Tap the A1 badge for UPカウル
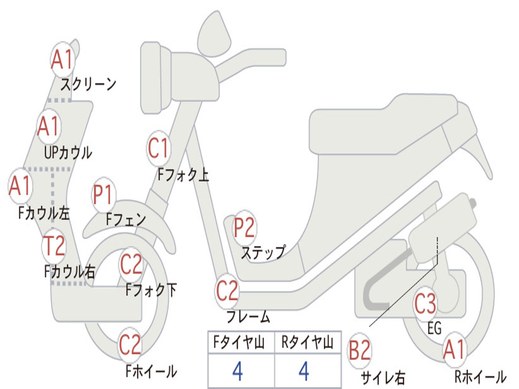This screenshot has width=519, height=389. click(49, 126)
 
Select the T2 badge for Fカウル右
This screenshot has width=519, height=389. click(54, 246)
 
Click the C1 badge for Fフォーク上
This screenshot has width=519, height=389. click(158, 148)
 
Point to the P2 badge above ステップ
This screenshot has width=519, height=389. click(244, 227)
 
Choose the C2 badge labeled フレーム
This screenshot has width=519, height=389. click(227, 291)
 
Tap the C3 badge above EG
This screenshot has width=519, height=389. click(425, 304)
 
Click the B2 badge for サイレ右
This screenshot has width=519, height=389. click(359, 351)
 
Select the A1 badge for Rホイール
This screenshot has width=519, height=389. click(453, 349)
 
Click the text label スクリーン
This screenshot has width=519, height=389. click(88, 84)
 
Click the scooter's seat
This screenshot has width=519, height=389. click(385, 124)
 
